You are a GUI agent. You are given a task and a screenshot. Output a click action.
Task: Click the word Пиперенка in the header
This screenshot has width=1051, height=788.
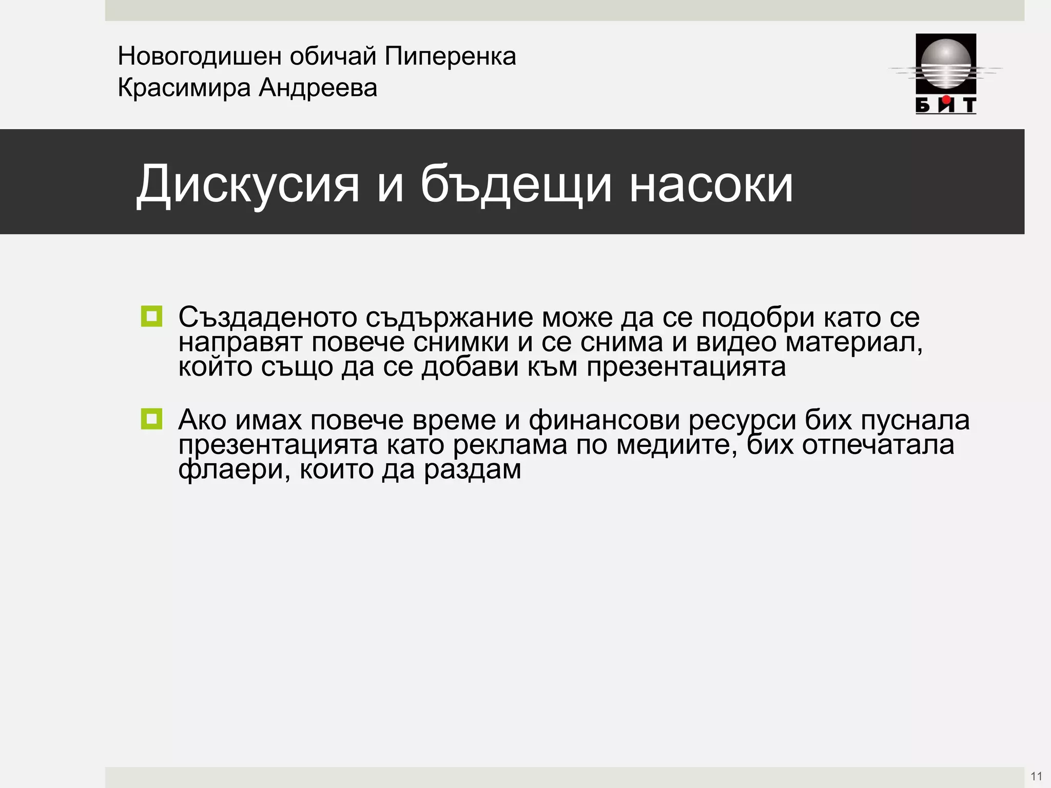pyautogui.click(x=450, y=56)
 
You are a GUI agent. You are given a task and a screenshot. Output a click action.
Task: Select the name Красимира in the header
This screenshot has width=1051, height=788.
pyautogui.click(x=184, y=88)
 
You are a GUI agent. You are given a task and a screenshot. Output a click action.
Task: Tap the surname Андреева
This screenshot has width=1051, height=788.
pyautogui.click(x=318, y=88)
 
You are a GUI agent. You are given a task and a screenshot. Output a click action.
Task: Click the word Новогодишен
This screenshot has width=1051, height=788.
pyautogui.click(x=199, y=56)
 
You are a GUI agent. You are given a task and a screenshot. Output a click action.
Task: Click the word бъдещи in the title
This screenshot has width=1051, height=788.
pyautogui.click(x=516, y=184)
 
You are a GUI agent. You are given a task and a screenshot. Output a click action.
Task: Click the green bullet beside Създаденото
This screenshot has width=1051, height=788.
pyautogui.click(x=151, y=317)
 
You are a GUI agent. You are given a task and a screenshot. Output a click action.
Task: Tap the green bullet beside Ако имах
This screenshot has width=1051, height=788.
pyautogui.click(x=151, y=419)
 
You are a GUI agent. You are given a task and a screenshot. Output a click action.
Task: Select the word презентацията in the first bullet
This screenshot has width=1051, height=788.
pyautogui.click(x=686, y=367)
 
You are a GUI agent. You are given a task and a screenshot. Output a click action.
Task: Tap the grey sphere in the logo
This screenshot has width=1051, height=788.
pyautogui.click(x=946, y=64)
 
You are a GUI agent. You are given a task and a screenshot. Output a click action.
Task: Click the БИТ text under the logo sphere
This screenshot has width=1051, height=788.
pyautogui.click(x=946, y=105)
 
